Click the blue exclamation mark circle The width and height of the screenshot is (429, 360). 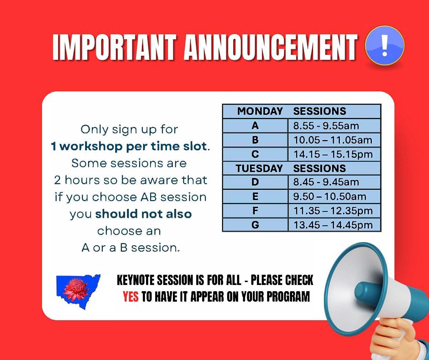(384, 45)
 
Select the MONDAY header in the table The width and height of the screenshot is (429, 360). (260, 111)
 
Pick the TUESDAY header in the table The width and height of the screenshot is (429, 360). (259, 168)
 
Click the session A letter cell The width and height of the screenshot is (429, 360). (255, 126)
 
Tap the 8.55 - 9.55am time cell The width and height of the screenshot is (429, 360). (334, 126)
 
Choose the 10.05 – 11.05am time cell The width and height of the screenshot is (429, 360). (334, 140)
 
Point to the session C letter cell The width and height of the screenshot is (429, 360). (255, 154)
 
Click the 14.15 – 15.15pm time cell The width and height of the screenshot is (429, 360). (334, 154)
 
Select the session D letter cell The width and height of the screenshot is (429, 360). (255, 182)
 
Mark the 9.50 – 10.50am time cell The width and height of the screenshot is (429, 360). (334, 196)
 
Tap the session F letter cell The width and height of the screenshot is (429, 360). (255, 211)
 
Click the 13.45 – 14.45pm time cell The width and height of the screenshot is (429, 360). (334, 225)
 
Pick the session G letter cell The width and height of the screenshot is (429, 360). (255, 225)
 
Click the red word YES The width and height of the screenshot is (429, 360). (131, 297)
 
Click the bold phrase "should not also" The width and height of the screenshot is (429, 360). (144, 214)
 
